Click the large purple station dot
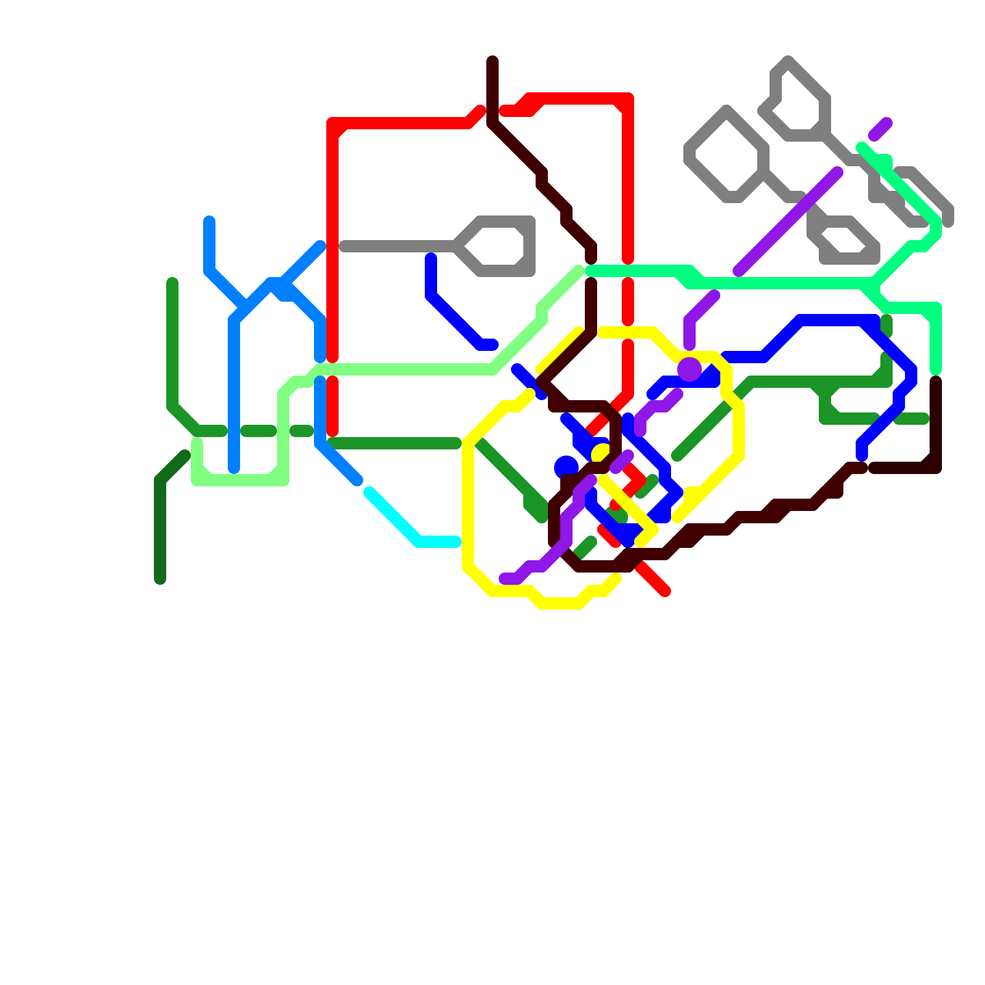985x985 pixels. click(x=689, y=369)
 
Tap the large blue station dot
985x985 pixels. click(x=566, y=467)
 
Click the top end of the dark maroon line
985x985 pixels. click(x=492, y=60)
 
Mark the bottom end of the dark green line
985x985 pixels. click(x=160, y=579)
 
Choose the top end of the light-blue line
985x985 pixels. click(x=209, y=221)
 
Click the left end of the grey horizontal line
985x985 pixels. click(x=344, y=246)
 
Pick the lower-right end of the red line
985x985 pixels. click(x=665, y=592)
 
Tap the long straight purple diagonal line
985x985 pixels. click(x=788, y=222)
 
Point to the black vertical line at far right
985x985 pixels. click(x=936, y=425)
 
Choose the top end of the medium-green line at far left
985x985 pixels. click(x=172, y=283)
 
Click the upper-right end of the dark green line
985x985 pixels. click(x=185, y=456)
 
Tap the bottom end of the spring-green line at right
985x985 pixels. click(x=936, y=369)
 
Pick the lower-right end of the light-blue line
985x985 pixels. click(x=358, y=481)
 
